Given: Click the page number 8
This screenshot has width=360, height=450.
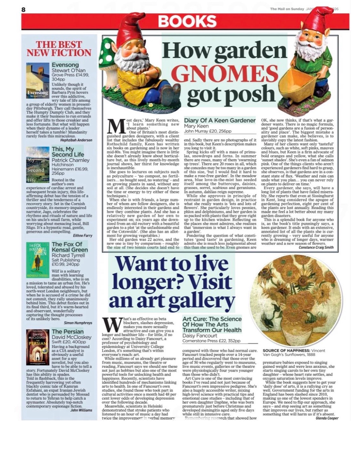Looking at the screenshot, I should [x=23, y=9].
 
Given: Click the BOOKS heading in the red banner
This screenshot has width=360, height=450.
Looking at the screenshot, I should [x=187, y=22].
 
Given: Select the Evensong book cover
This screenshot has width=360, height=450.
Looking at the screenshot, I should [x=38, y=80].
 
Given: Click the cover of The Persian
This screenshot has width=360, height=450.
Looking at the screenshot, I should [x=38, y=347].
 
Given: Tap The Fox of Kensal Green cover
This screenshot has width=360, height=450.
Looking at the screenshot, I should [x=38, y=260].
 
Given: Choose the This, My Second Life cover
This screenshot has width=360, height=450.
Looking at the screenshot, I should [x=38, y=165].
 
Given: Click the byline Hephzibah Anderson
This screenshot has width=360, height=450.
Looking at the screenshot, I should [x=76, y=140].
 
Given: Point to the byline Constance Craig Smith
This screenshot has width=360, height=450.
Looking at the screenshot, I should [x=316, y=247].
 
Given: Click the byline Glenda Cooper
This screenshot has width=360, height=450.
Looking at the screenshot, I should [x=327, y=418].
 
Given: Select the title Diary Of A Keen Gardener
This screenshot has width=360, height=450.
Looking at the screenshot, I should [x=220, y=120].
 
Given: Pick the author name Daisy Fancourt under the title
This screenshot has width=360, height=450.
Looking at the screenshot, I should [x=200, y=336].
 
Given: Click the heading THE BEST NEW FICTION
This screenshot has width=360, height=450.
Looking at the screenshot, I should [x=59, y=49].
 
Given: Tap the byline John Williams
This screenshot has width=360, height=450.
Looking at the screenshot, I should [x=81, y=410].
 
